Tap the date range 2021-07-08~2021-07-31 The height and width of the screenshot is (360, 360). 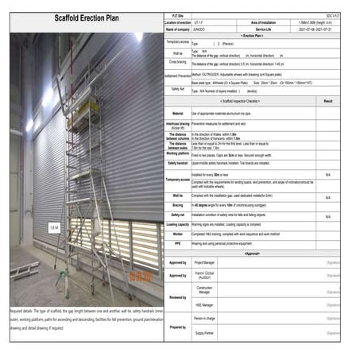(x=316, y=29)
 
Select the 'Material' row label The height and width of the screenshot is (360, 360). (x=178, y=114)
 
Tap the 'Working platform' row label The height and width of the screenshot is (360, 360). (x=178, y=154)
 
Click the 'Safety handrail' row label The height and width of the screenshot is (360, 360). (x=178, y=163)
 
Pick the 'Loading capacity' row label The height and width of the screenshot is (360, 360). (x=178, y=224)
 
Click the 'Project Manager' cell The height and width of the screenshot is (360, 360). (x=205, y=261)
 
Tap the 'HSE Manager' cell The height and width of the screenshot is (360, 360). (x=204, y=304)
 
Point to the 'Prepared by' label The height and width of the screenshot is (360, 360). (x=178, y=326)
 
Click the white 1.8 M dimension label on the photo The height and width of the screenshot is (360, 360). (x=54, y=227)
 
